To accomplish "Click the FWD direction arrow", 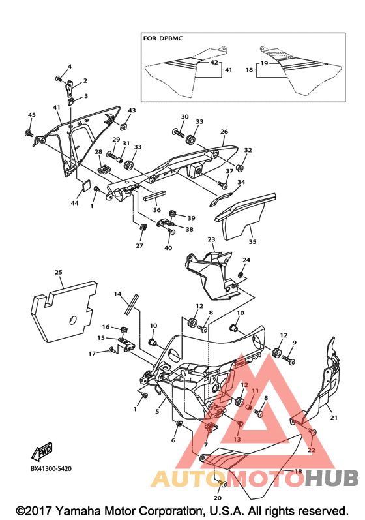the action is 42,451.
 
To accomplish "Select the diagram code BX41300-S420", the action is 51,469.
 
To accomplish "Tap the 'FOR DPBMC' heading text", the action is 163,38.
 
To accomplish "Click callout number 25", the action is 58,272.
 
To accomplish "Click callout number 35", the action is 252,242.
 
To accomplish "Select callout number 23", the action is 211,239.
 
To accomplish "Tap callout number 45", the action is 31,115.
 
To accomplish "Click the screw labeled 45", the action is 29,134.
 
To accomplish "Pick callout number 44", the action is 74,203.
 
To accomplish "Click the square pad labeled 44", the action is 86,185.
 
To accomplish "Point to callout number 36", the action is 156,210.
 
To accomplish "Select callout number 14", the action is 117,294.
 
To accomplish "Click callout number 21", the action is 334,418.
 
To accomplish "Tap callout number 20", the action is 217,498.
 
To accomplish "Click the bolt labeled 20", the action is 222,485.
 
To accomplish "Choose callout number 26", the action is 224,132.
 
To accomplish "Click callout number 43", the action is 132,110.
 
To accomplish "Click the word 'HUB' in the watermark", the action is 332,478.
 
